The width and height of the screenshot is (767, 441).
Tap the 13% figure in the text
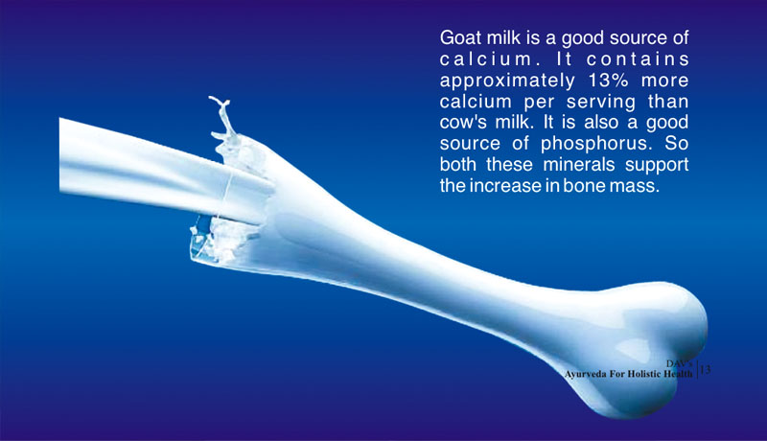(608, 81)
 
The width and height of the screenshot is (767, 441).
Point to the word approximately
(507, 81)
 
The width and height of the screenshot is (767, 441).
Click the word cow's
(463, 122)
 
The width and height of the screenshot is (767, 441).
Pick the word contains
(638, 59)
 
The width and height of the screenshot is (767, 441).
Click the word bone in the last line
(584, 185)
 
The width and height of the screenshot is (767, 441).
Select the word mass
(635, 186)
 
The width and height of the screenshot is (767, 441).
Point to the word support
(657, 165)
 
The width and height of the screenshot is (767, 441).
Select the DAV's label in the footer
(679, 363)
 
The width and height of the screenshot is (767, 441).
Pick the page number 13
(706, 370)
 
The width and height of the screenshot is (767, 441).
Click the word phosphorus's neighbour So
(677, 143)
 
